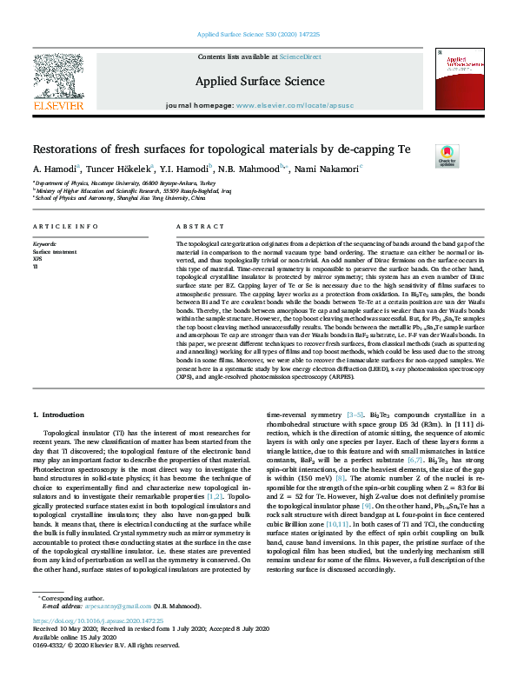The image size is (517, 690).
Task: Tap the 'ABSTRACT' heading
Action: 195,226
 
